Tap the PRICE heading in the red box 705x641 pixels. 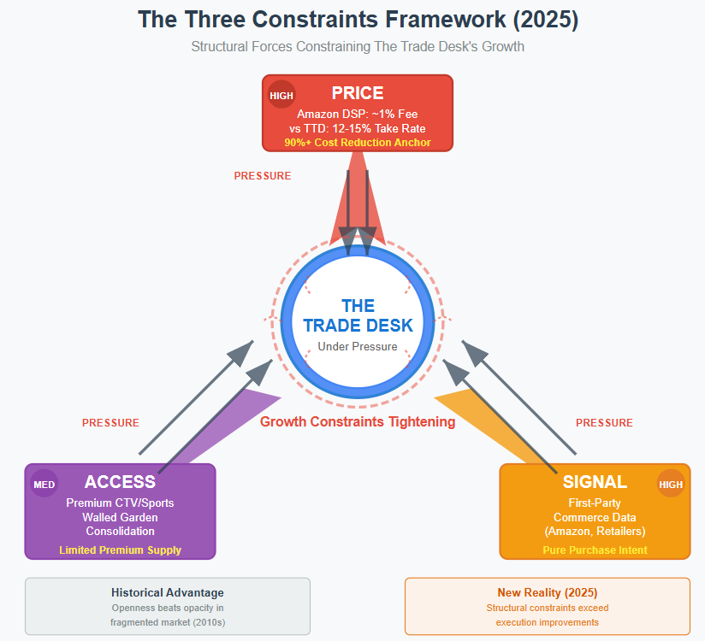pos(358,93)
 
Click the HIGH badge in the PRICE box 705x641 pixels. pos(281,95)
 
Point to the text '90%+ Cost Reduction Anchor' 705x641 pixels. pos(358,143)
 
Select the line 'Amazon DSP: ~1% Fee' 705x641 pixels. pos(358,114)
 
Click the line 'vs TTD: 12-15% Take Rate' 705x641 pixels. pos(358,128)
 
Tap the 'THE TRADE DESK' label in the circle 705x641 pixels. pos(358,315)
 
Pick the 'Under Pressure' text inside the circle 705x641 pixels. pos(358,346)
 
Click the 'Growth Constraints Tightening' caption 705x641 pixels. pos(358,421)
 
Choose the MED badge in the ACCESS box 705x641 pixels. pos(44,485)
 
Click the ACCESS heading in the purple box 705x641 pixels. pos(120,482)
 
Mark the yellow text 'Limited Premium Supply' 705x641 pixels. pos(120,550)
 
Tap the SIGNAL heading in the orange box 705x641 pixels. pos(595,482)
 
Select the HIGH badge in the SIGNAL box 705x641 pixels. pos(671,485)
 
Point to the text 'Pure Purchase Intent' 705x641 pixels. pos(595,550)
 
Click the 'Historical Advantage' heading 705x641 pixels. pos(168,592)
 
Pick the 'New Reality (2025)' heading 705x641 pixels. pos(548,592)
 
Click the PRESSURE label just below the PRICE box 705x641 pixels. pos(263,176)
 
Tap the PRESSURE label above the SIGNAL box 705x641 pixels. pos(604,423)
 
